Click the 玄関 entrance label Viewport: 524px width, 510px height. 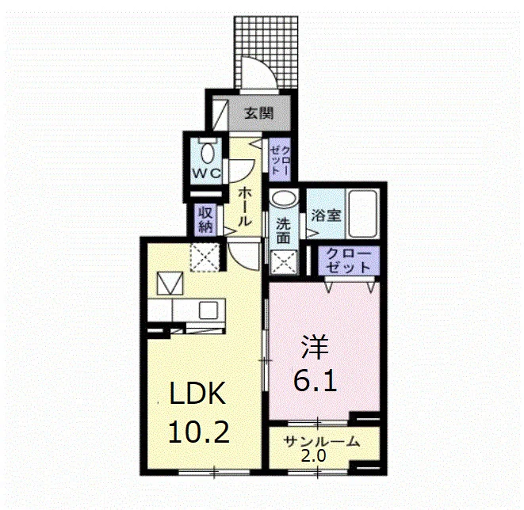pyautogui.click(x=259, y=113)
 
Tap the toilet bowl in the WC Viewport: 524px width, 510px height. pyautogui.click(x=208, y=153)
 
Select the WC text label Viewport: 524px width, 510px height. pyautogui.click(x=206, y=173)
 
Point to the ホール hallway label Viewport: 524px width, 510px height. pyautogui.click(x=244, y=207)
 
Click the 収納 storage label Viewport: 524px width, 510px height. pyautogui.click(x=206, y=219)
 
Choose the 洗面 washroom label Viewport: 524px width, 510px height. pyautogui.click(x=283, y=231)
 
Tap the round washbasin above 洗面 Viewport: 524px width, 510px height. pyautogui.click(x=284, y=198)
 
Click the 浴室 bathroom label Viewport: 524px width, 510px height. pyautogui.click(x=326, y=215)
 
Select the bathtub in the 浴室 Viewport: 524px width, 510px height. pyautogui.click(x=363, y=214)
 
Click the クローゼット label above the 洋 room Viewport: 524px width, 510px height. pyautogui.click(x=348, y=261)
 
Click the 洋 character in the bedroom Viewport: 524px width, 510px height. pyautogui.click(x=316, y=347)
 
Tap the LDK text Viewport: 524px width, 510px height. pyautogui.click(x=197, y=393)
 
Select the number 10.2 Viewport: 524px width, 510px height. pyautogui.click(x=198, y=432)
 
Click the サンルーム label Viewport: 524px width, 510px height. pyautogui.click(x=322, y=442)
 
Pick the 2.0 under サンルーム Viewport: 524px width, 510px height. pyautogui.click(x=313, y=456)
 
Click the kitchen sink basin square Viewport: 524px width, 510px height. pyautogui.click(x=208, y=310)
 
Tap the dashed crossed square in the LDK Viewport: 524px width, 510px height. pyautogui.click(x=205, y=257)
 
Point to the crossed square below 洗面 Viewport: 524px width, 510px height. pyautogui.click(x=284, y=263)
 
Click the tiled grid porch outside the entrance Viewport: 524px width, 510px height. pyautogui.click(x=266, y=52)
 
